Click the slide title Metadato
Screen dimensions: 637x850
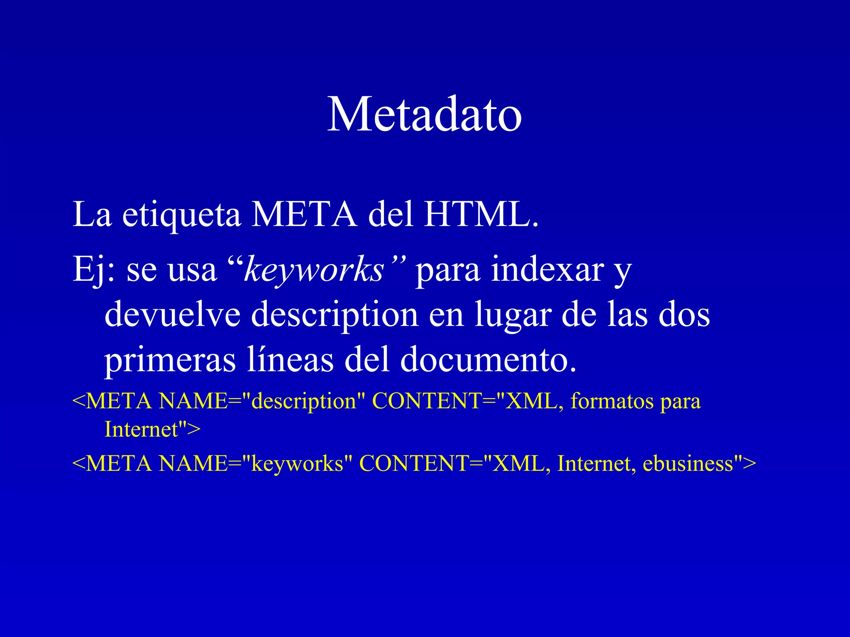coord(424,114)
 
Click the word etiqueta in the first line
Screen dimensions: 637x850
coord(181,215)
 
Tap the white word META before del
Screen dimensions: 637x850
coord(304,215)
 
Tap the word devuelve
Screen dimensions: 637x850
coord(172,314)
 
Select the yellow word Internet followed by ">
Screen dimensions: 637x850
coord(141,429)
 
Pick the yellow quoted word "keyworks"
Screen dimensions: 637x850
coord(297,464)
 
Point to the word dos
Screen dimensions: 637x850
coord(684,314)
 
